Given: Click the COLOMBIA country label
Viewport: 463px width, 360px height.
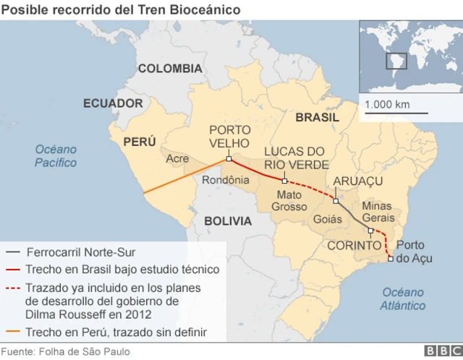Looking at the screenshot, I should [169, 69].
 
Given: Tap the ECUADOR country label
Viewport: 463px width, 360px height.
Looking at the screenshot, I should [113, 103].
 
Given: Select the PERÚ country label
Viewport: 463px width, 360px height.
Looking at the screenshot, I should [139, 142].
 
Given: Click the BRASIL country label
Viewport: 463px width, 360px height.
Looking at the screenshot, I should [317, 117].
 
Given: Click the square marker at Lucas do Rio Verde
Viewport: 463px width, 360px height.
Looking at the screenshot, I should [284, 181].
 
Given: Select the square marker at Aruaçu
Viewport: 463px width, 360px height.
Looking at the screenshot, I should [336, 200].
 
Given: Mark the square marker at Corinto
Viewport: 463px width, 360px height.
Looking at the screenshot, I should [371, 231].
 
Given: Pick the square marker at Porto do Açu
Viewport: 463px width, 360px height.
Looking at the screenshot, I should [391, 259].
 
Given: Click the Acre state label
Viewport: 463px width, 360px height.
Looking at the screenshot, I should [178, 158].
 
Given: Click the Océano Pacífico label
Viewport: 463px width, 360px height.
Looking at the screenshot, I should [56, 155].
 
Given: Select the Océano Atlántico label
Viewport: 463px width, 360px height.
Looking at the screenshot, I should [403, 299].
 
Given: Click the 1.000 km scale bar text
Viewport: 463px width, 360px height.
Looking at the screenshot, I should [387, 105].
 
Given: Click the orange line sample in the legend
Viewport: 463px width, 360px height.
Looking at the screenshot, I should [13, 333].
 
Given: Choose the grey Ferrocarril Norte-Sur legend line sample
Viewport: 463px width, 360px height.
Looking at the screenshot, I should [13, 252].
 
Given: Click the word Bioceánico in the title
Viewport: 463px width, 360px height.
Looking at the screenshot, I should [209, 9].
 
